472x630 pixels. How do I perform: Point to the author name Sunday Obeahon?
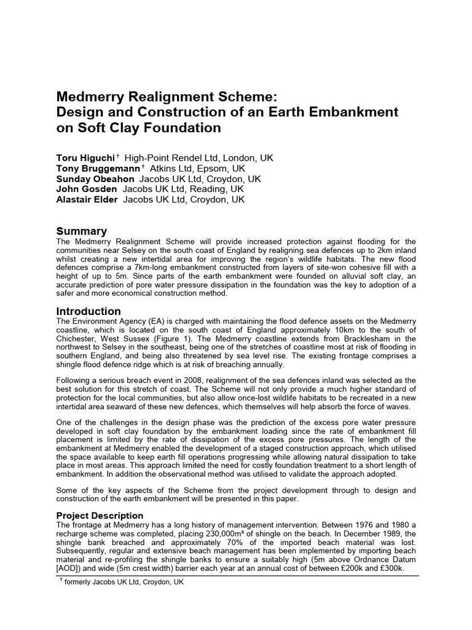[96, 179]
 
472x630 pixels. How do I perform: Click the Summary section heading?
[81, 231]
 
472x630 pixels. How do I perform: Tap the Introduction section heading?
[88, 311]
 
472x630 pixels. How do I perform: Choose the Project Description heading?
[100, 516]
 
